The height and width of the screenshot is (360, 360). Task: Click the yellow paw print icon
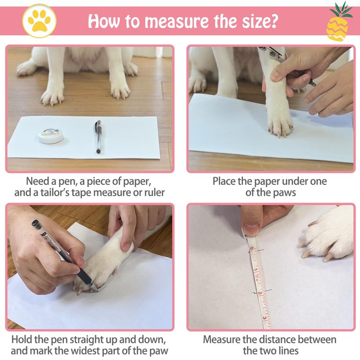(x=39, y=21)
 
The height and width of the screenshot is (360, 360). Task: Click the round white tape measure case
(x=50, y=136)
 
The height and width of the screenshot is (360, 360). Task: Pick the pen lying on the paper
(x=98, y=136)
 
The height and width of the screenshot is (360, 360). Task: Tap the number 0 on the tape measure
(x=252, y=248)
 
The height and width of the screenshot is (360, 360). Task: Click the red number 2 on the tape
(x=260, y=293)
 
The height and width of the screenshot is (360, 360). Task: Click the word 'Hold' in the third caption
(x=21, y=339)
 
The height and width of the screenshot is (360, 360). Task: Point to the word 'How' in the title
(x=104, y=21)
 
